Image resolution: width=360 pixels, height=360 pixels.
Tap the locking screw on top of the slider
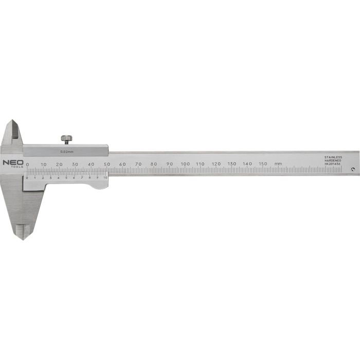click(66, 139)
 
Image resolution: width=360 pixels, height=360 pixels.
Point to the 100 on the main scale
click(185, 164)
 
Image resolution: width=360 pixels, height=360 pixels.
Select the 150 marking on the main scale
click(263, 164)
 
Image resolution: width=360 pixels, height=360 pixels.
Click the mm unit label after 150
click(278, 164)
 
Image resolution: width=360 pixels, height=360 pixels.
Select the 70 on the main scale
click(138, 164)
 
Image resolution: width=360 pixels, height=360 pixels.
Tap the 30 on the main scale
click(75, 164)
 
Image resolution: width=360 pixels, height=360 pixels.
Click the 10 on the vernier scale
click(105, 177)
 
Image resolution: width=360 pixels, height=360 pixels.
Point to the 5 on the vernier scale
click(66, 177)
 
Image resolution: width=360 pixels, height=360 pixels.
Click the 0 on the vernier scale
click(27, 177)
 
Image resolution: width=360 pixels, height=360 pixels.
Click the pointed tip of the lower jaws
click(24, 237)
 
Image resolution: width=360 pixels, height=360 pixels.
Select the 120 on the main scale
click(216, 164)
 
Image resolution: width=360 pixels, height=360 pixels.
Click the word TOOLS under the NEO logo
click(16, 167)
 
